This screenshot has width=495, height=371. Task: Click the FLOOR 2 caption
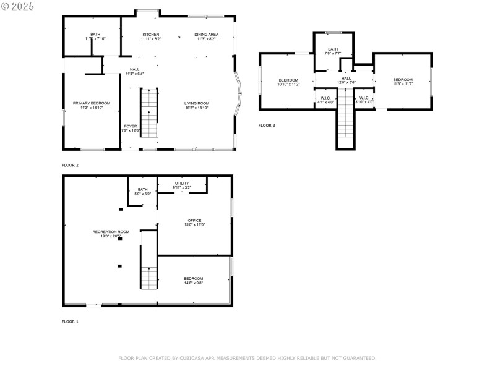pos(70,165)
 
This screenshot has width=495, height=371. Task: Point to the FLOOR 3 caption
pos(267,126)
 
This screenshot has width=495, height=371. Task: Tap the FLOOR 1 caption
pos(70,322)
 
